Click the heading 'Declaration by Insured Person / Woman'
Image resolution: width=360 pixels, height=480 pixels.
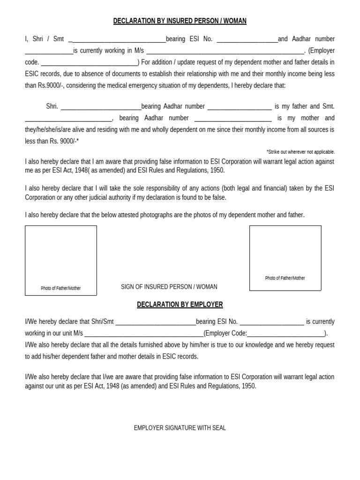tap(180, 21)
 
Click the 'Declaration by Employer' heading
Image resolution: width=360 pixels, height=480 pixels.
tap(180, 305)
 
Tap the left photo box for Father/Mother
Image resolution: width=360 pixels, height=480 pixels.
tap(61, 258)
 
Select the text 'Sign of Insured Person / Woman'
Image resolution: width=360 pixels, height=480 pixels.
tap(169, 287)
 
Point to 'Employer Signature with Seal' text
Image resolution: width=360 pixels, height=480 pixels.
tap(180, 428)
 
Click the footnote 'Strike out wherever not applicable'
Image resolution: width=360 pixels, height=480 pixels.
tap(300, 152)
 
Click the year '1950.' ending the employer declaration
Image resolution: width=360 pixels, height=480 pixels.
tap(248, 386)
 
